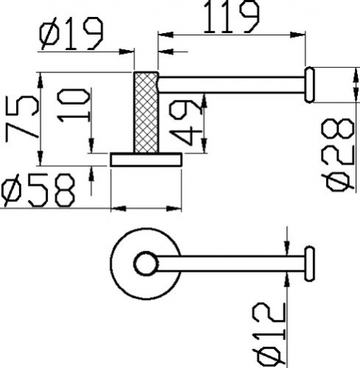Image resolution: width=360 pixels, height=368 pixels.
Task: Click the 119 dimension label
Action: click(231, 17)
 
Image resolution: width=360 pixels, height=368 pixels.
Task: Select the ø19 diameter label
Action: click(71, 34)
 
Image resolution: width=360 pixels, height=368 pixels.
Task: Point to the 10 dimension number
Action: click(74, 105)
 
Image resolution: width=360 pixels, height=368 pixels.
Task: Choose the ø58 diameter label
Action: click(38, 190)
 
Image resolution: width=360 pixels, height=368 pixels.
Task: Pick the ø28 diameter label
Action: click(339, 155)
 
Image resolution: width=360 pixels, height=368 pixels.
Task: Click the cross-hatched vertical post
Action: click(146, 112)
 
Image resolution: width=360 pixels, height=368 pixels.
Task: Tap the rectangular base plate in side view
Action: click(146, 159)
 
